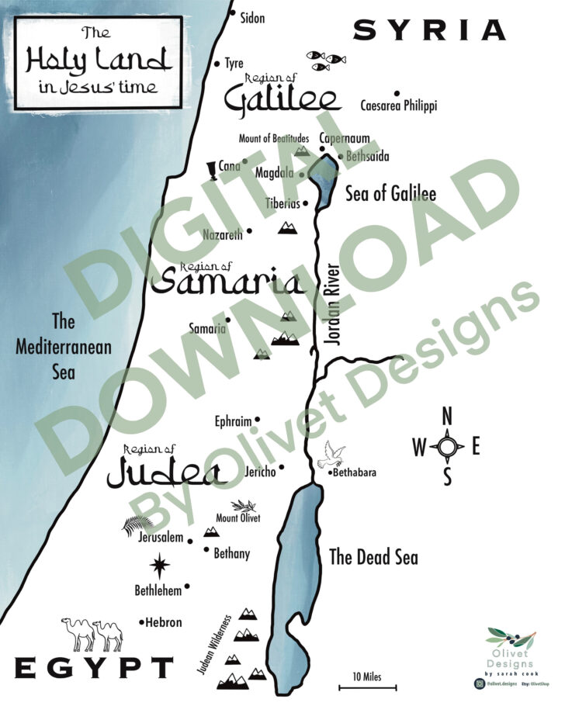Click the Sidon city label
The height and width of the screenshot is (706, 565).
coord(252,17)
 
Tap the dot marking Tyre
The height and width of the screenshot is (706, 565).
coord(218,64)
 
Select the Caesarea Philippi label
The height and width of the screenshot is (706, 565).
coord(398,106)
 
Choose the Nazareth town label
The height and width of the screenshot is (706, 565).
coord(223,234)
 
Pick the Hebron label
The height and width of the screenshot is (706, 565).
coord(165,622)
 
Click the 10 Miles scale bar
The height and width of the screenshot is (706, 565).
coord(367,687)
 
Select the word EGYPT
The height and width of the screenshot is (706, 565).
coord(94,668)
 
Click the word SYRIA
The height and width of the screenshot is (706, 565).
coord(429,30)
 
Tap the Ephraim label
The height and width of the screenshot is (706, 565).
coord(233,422)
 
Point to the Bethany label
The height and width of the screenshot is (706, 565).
coord(231,553)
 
